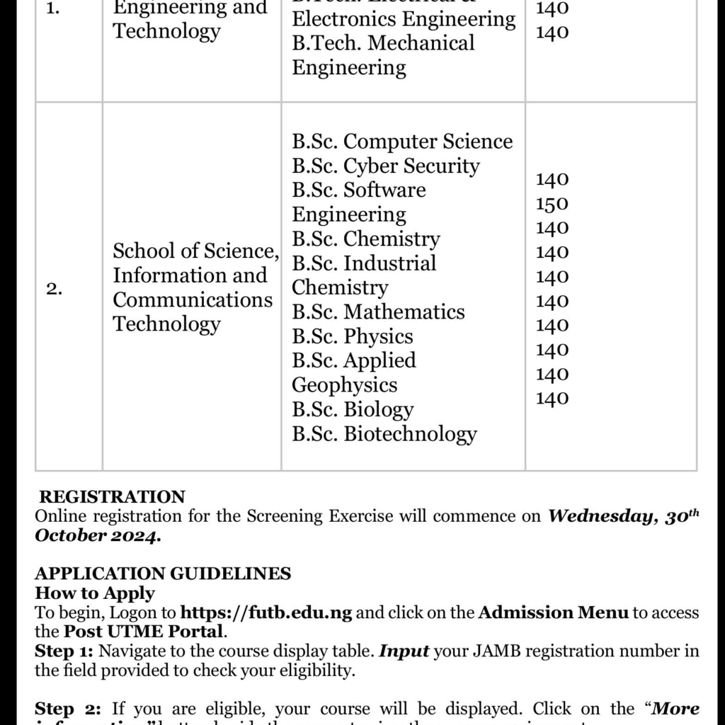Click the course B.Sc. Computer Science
pos(402,142)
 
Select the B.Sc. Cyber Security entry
pos(386,166)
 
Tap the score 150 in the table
pos(552,204)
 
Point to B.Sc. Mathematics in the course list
pos(378,312)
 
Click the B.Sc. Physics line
pos(352,336)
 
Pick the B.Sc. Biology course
pos(353,409)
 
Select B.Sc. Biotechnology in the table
pos(384,433)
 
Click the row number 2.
pos(55,288)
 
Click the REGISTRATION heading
pos(112,497)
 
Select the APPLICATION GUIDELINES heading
pos(163,573)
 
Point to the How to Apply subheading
pos(95,593)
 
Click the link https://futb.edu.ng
pos(266,612)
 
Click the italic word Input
pos(404,650)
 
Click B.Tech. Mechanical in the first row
pos(383,42)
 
